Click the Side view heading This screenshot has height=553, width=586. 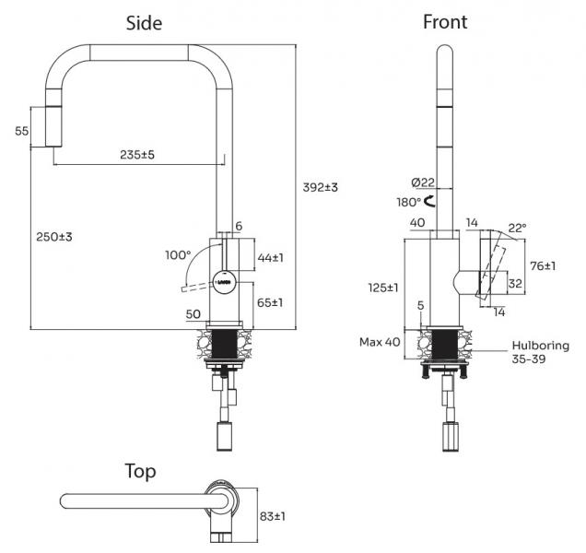(x=144, y=23)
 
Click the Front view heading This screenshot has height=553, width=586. (x=445, y=22)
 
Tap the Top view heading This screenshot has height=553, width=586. (x=140, y=472)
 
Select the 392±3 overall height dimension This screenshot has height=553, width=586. (x=320, y=187)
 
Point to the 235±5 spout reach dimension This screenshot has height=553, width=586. (x=137, y=155)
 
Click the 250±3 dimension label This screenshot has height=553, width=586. (x=54, y=237)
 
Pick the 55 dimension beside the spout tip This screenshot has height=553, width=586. (x=22, y=131)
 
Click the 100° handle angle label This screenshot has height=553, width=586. (x=178, y=255)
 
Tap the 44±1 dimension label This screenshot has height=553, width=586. (x=271, y=257)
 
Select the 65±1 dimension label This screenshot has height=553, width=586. (x=270, y=302)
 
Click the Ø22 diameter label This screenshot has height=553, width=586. (x=423, y=182)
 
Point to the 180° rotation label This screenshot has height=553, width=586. (x=409, y=202)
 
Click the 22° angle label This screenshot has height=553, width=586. (x=517, y=228)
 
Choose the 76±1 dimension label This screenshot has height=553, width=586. (x=543, y=265)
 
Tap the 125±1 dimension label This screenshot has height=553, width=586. (x=383, y=288)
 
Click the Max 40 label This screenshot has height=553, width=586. (x=380, y=342)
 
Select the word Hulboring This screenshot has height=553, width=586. (x=541, y=346)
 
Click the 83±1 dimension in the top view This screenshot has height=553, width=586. (x=273, y=516)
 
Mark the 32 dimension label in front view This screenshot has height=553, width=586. (x=515, y=284)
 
